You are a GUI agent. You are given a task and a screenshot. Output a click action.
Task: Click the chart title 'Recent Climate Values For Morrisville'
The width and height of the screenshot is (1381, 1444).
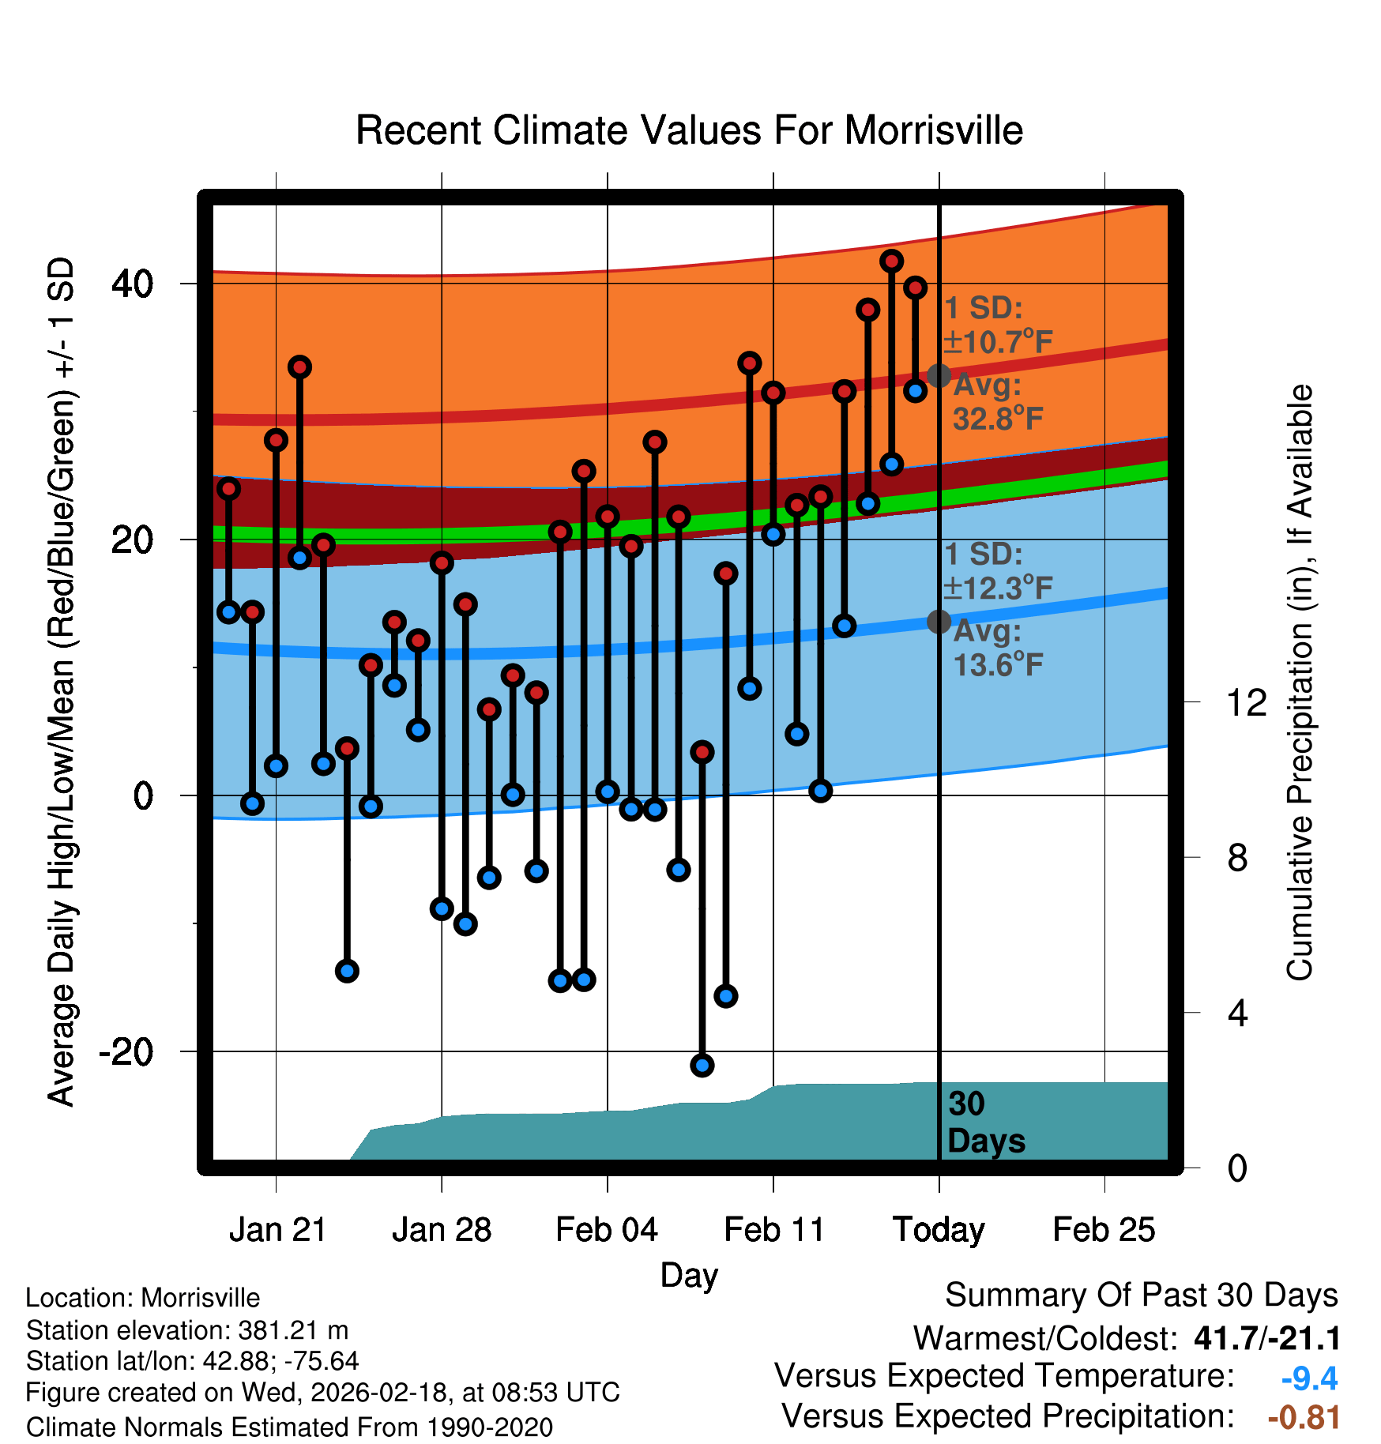click(x=689, y=130)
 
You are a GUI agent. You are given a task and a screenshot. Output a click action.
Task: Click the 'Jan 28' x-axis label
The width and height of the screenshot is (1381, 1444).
click(x=442, y=1230)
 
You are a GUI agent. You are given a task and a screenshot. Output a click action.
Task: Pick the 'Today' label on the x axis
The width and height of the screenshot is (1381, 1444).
click(x=939, y=1230)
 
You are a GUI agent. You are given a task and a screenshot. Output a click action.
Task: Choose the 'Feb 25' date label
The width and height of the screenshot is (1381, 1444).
click(x=1104, y=1230)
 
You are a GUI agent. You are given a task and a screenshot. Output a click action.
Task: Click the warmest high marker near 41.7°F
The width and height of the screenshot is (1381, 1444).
click(x=892, y=261)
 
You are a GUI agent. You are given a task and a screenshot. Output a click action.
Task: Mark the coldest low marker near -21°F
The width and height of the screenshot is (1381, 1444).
click(x=702, y=1066)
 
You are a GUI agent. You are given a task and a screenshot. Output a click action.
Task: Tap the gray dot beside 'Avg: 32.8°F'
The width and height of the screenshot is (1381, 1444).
click(x=939, y=375)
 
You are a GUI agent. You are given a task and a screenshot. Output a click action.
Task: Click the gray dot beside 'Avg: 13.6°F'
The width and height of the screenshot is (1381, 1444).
click(x=939, y=622)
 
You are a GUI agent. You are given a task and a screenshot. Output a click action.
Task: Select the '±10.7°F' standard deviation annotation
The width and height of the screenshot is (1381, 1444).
click(x=998, y=342)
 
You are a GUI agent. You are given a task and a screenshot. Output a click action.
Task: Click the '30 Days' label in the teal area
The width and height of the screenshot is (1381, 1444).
click(x=985, y=1122)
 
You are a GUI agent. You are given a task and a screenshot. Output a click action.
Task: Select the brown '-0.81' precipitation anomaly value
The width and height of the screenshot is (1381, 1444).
click(x=1304, y=1417)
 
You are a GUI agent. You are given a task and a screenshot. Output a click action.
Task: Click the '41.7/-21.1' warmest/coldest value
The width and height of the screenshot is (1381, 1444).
click(x=1267, y=1339)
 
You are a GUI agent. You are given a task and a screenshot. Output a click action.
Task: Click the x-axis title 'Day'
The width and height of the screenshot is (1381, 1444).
click(x=689, y=1275)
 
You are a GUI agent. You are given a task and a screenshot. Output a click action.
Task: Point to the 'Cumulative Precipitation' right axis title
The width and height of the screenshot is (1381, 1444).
click(x=1300, y=683)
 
